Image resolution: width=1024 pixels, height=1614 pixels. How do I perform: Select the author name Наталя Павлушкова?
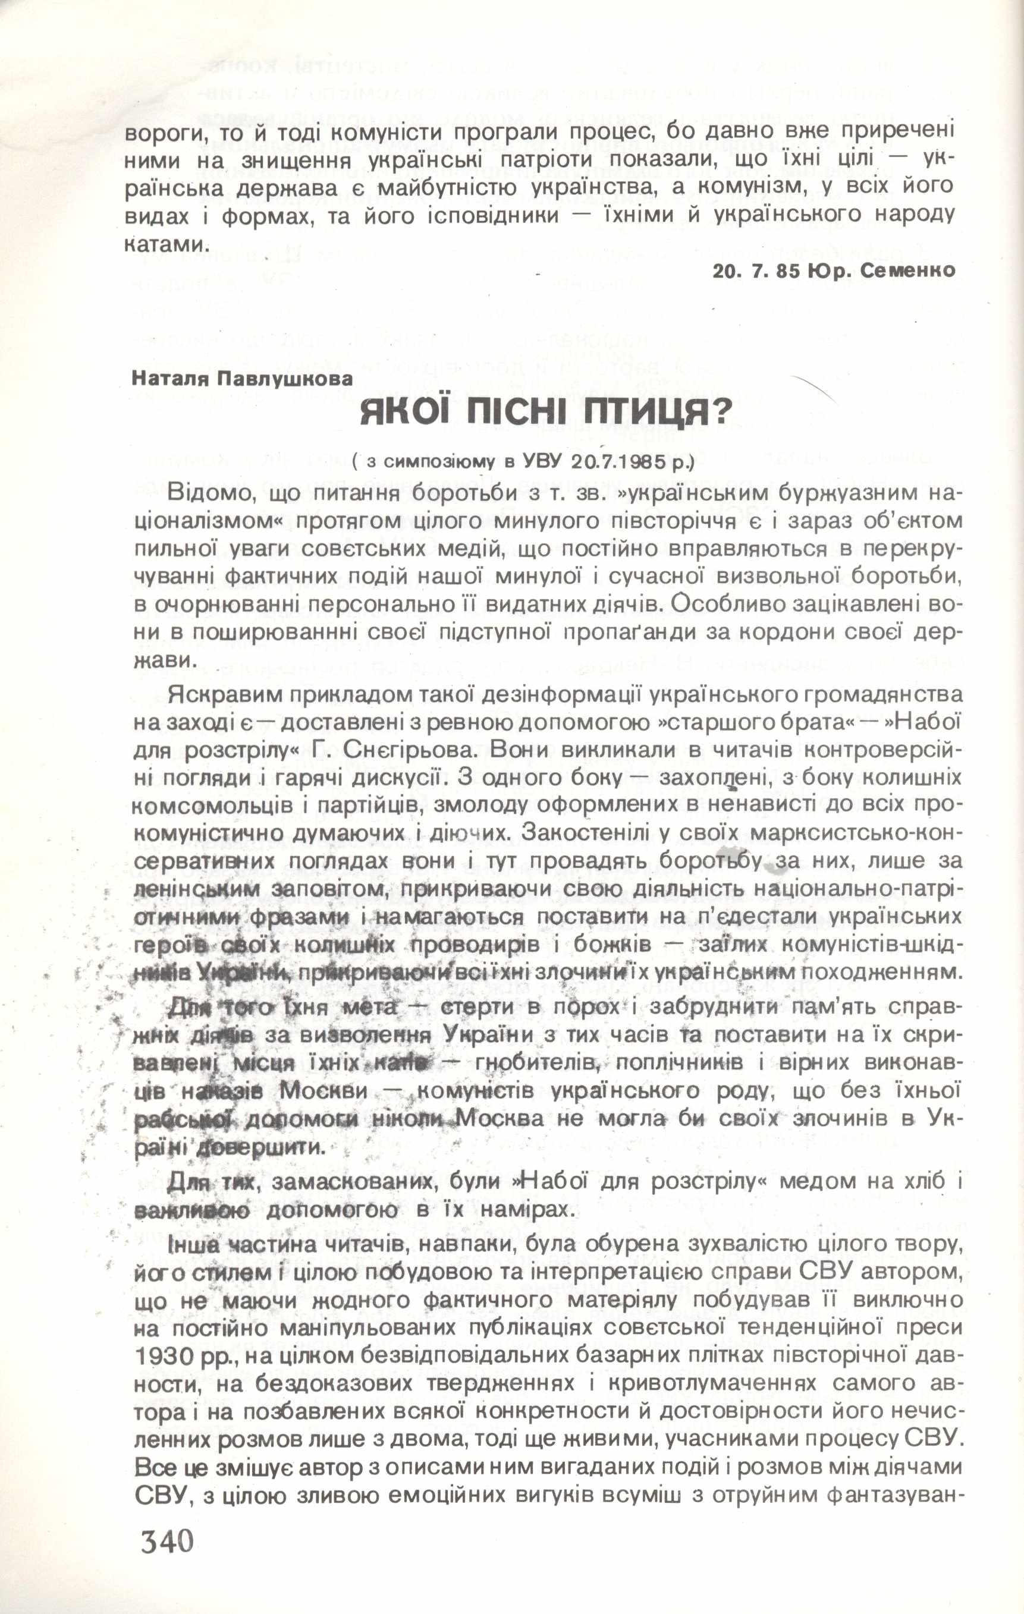pos(242,379)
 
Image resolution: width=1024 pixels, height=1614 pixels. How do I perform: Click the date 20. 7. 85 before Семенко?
pos(756,271)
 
